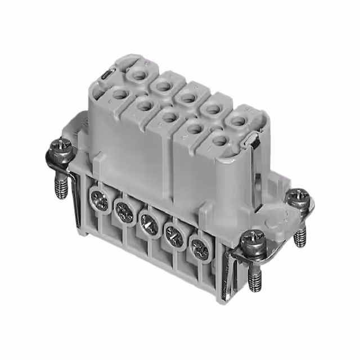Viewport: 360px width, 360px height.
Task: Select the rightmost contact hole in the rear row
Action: [x=238, y=119]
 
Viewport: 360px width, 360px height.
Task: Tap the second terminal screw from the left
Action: [x=123, y=211]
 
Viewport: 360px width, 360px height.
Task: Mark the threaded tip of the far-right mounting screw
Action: [x=299, y=237]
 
